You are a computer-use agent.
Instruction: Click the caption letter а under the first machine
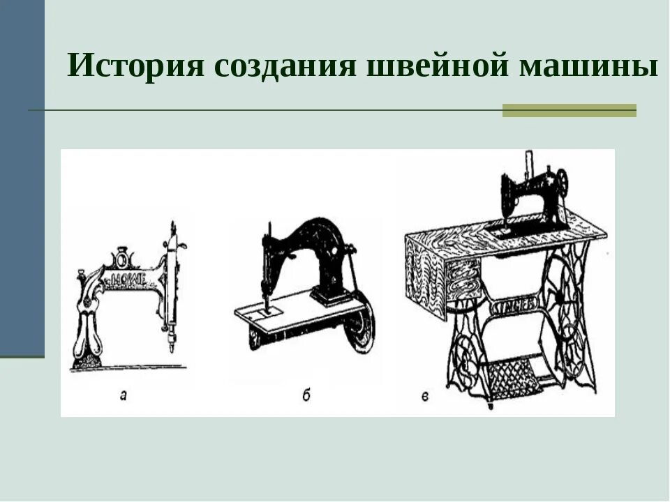pyautogui.click(x=124, y=396)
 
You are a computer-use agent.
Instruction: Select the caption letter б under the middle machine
pyautogui.click(x=306, y=396)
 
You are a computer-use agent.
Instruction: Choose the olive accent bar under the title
pyautogui.click(x=569, y=110)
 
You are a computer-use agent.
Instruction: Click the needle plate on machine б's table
pyautogui.click(x=268, y=310)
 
